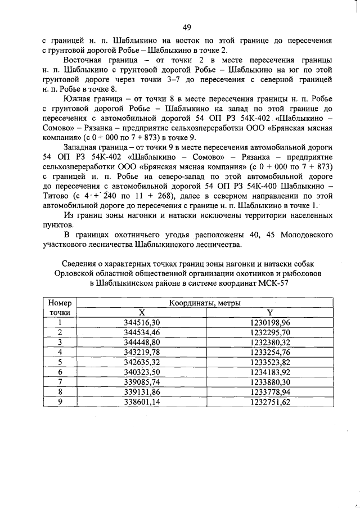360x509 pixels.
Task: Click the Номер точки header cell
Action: point(59,308)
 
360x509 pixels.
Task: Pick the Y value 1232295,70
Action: point(269,332)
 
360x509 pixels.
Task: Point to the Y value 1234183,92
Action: point(269,372)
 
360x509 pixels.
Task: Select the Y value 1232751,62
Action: point(269,402)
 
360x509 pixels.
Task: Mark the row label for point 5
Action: point(59,362)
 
